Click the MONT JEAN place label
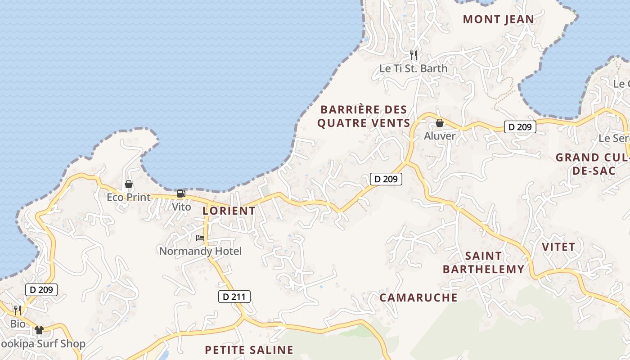(x=499, y=19)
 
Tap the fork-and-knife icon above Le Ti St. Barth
(x=414, y=55)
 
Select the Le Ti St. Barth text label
(x=414, y=68)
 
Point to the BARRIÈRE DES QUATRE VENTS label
(x=364, y=117)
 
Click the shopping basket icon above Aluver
(x=440, y=123)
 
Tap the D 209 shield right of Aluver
(x=520, y=127)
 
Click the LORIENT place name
(x=229, y=211)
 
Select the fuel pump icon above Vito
(x=181, y=194)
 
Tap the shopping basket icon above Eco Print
(x=129, y=184)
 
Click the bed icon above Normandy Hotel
(x=200, y=238)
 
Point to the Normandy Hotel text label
(x=200, y=251)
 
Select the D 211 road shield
(x=234, y=297)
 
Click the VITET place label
(x=558, y=247)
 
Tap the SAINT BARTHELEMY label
(x=484, y=263)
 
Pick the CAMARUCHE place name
(x=418, y=297)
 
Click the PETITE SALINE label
(x=249, y=350)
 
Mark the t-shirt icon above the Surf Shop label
(x=39, y=330)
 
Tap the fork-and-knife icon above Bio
(x=18, y=310)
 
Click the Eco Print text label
(x=129, y=197)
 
